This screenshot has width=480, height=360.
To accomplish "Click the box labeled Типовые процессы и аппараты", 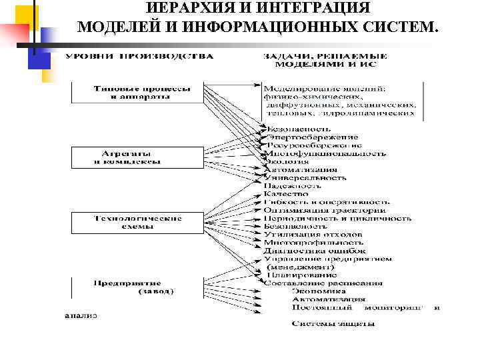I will click(x=141, y=92).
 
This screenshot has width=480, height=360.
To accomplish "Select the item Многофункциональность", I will click(x=325, y=153).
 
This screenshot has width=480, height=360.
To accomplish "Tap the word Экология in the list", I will click(x=287, y=161).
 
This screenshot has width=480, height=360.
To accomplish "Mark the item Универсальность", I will click(x=305, y=178).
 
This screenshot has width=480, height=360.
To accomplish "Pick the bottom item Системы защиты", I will click(x=333, y=324).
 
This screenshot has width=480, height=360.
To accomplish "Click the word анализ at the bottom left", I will click(x=81, y=315).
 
